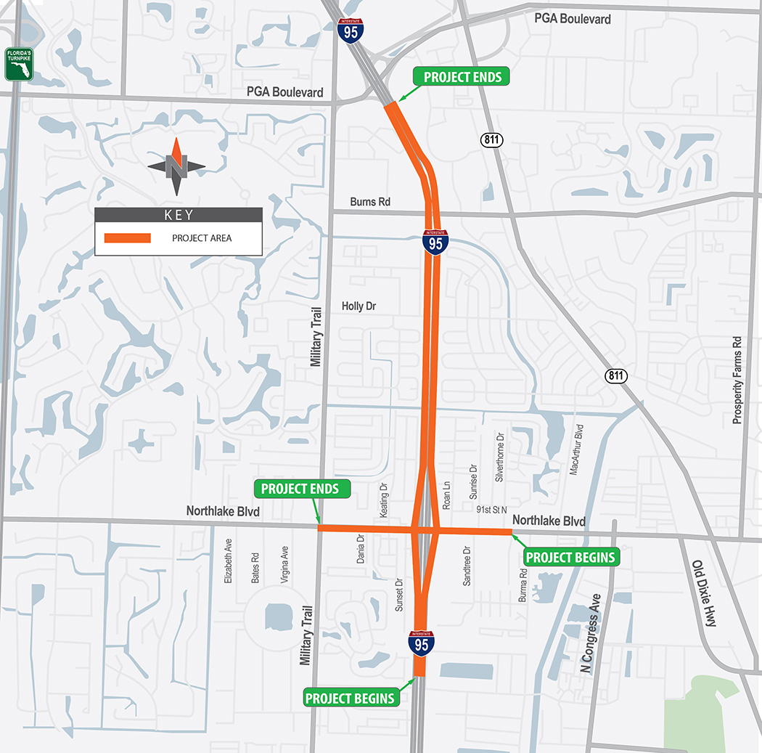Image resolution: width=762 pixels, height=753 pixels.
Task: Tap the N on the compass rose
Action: pyautogui.click(x=176, y=167)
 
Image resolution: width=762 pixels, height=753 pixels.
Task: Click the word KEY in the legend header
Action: pyautogui.click(x=179, y=215)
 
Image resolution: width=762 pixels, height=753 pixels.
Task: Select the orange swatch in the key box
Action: pyautogui.click(x=127, y=238)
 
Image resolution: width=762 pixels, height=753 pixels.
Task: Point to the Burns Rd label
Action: pyautogui.click(x=369, y=202)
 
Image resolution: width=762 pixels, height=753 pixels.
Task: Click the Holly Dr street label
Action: pyautogui.click(x=359, y=306)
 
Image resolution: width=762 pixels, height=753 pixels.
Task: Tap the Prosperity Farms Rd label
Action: pyautogui.click(x=737, y=379)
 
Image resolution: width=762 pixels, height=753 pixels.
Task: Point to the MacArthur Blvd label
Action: pyautogui.click(x=578, y=449)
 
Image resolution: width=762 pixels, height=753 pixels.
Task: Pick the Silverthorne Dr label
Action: pyautogui.click(x=499, y=457)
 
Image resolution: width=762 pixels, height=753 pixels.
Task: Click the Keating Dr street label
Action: pyautogui.click(x=384, y=500)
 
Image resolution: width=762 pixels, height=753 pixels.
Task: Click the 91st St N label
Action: pyautogui.click(x=492, y=510)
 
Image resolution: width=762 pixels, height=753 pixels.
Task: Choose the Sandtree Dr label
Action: pyautogui.click(x=467, y=566)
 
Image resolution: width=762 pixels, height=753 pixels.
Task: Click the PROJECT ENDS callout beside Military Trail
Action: pyautogui.click(x=300, y=489)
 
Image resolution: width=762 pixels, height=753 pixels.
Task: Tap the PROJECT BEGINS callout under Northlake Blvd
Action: pyautogui.click(x=570, y=558)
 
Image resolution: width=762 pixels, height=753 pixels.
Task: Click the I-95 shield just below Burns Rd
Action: pyautogui.click(x=435, y=241)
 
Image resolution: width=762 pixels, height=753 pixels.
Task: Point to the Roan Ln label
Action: pyautogui.click(x=447, y=494)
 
